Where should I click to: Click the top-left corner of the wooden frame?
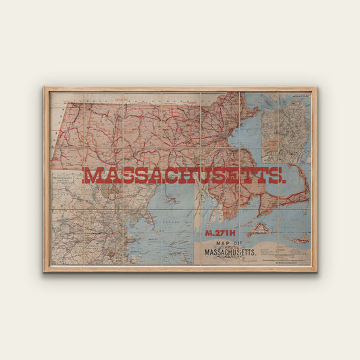click(x=45, y=87)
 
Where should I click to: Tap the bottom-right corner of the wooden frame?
click(x=315, y=271)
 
